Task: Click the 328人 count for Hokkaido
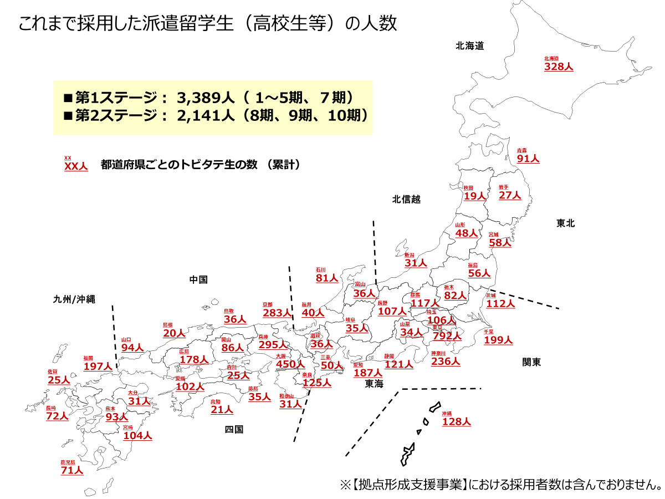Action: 559,67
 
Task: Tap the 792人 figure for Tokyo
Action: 447,335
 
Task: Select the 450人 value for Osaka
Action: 290,364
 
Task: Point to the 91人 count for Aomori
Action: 528,159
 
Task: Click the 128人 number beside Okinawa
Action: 456,422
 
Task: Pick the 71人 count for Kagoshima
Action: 72,471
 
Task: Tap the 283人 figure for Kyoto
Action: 277,313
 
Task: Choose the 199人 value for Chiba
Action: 498,340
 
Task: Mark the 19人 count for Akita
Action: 475,196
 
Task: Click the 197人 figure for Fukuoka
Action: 98,366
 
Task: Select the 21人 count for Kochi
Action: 222,410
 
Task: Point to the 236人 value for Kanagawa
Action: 446,361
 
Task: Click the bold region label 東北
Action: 566,223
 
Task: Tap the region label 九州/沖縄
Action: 74,299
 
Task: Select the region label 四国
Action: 234,429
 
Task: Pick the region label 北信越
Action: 406,199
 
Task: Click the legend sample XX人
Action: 76,166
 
